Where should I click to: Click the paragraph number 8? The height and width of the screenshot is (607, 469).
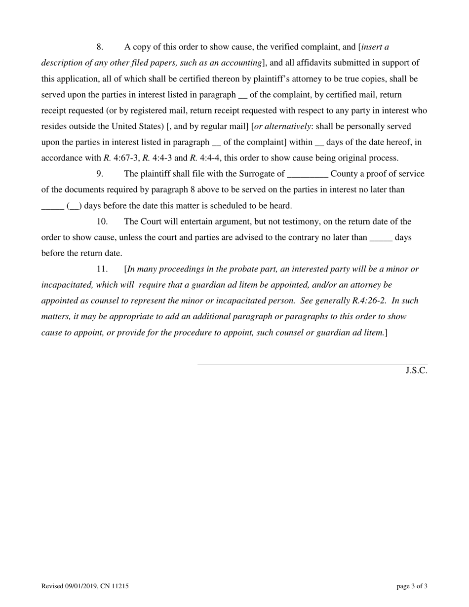tap(100, 47)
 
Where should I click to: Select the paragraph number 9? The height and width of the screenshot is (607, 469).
tap(100, 174)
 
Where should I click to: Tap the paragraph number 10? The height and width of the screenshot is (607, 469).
tap(102, 222)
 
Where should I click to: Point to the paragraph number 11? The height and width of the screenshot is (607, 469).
tap(102, 269)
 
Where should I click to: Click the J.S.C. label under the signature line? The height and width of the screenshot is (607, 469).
tap(416, 371)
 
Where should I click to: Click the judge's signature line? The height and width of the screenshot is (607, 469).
tap(312, 364)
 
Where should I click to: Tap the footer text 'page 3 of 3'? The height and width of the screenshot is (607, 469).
tap(412, 586)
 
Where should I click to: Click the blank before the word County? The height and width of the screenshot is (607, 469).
tap(307, 175)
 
